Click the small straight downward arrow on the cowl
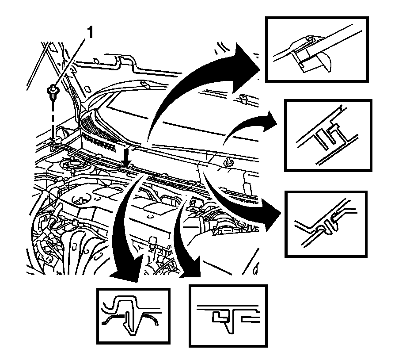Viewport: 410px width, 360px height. click(x=127, y=159)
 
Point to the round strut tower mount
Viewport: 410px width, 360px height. click(x=74, y=167)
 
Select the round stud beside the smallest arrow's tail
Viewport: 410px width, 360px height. click(x=229, y=163)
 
